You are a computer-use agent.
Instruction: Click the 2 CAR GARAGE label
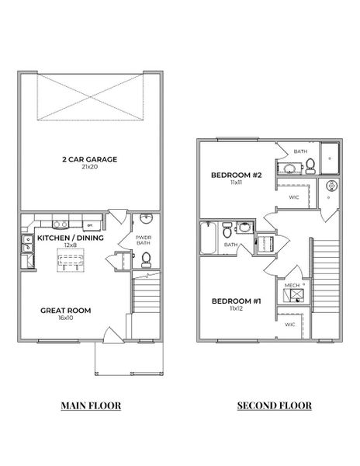pyautogui.click(x=89, y=158)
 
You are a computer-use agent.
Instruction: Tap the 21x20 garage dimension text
pyautogui.click(x=89, y=167)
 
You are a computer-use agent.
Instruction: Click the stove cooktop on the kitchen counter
pyautogui.click(x=59, y=220)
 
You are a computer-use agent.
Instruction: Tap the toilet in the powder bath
pyautogui.click(x=145, y=258)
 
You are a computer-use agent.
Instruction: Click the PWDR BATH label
pyautogui.click(x=144, y=240)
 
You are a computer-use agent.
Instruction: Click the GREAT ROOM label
pyautogui.click(x=65, y=311)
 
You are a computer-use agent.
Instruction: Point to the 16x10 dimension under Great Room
pyautogui.click(x=65, y=318)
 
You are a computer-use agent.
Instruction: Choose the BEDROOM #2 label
pyautogui.click(x=237, y=176)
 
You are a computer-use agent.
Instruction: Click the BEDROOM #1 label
pyautogui.click(x=237, y=301)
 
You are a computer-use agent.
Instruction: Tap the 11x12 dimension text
pyautogui.click(x=237, y=308)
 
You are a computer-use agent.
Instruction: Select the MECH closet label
pyautogui.click(x=292, y=286)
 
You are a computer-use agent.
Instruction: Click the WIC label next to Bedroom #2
pyautogui.click(x=294, y=197)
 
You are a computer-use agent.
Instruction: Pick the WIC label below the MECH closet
pyautogui.click(x=289, y=324)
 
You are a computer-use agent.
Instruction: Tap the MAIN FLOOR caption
pyautogui.click(x=91, y=405)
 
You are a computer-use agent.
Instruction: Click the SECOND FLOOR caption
pyautogui.click(x=274, y=405)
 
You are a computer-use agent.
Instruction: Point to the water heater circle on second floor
pyautogui.click(x=330, y=186)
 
